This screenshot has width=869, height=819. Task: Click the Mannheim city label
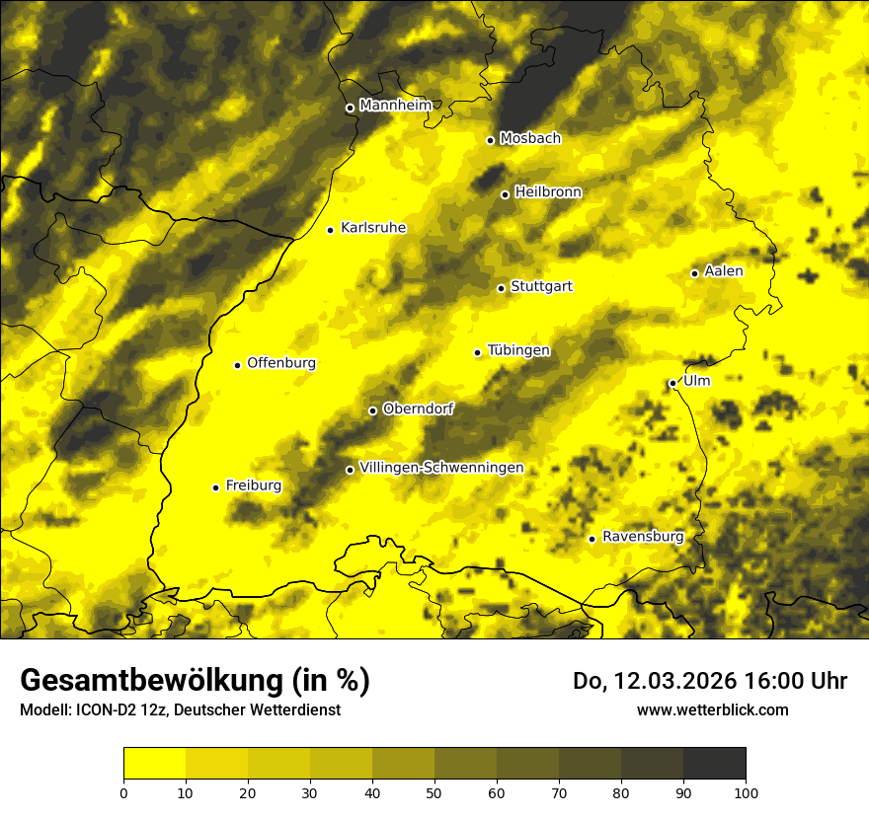point(395,106)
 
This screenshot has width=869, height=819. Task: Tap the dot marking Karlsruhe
point(330,230)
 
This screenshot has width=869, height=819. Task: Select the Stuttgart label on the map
point(541,286)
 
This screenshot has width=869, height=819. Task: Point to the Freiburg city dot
point(215,486)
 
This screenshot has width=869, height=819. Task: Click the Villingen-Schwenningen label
point(441,468)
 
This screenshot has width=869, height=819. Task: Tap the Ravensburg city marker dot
point(592,539)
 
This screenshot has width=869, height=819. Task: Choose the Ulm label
point(696,381)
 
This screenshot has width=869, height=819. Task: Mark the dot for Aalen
point(694,273)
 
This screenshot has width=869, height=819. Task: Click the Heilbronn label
point(548,192)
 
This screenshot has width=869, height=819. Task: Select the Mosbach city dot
point(490,140)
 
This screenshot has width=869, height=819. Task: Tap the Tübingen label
point(518,350)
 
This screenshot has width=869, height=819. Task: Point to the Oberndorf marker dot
point(372,410)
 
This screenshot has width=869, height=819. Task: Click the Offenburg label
point(281,363)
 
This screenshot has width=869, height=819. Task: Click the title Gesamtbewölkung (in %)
point(195,681)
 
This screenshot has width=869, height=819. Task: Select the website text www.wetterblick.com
point(712,709)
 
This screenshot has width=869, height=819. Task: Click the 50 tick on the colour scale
point(434,791)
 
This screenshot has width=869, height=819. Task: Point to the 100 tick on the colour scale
point(746,791)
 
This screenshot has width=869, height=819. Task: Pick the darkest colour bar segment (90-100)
point(714,763)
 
